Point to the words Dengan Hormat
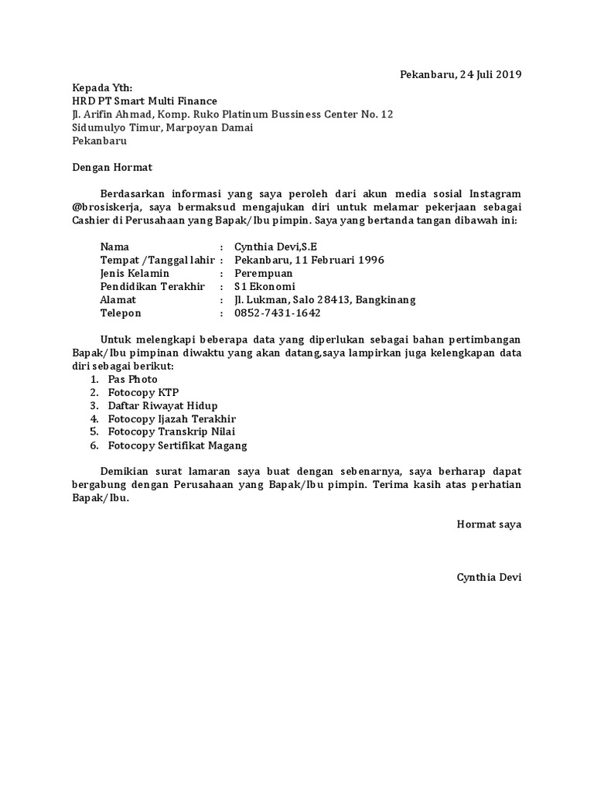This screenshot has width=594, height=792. tap(112, 167)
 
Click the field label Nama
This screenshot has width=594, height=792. tap(114, 247)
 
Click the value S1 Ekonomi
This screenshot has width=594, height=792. tap(265, 286)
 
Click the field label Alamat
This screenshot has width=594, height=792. tap(118, 300)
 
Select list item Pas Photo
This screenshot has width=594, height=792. tap(132, 380)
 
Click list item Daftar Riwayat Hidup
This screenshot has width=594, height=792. tap(162, 406)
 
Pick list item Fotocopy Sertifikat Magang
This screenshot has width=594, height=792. tap(177, 445)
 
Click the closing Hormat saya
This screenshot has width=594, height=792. tap(489, 524)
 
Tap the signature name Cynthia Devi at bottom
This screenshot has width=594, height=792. tap(489, 577)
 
